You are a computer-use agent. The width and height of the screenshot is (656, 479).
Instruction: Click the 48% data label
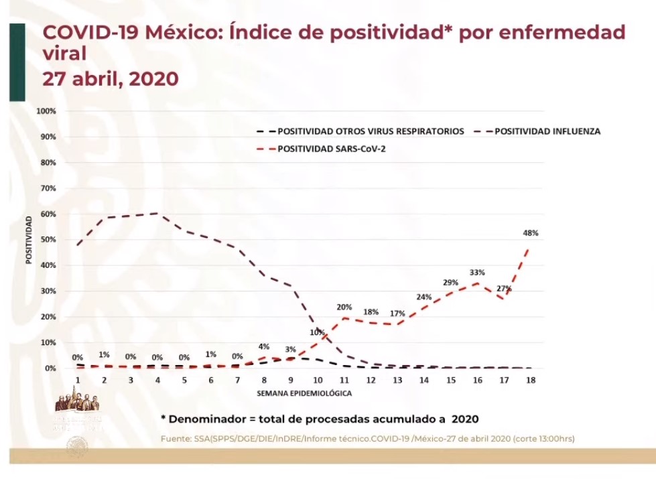[531, 233]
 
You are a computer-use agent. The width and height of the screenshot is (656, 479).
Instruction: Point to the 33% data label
[477, 273]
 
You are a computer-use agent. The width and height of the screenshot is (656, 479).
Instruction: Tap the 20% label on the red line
[344, 307]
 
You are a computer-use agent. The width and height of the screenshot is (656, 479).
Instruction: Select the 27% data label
[504, 289]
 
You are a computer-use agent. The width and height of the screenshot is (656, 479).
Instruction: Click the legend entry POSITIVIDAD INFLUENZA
[547, 131]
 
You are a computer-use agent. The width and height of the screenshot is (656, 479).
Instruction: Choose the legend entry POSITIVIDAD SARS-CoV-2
[332, 149]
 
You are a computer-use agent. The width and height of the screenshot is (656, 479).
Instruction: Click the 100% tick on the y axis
[46, 111]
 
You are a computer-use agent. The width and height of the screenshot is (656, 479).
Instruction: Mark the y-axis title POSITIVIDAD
[29, 239]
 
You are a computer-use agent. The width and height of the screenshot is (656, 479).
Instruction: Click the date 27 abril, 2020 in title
[111, 78]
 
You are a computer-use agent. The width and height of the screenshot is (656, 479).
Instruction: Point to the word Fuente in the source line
[176, 439]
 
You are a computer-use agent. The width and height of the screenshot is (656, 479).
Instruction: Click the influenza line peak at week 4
[157, 213]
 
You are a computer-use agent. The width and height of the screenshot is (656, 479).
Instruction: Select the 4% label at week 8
[264, 346]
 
